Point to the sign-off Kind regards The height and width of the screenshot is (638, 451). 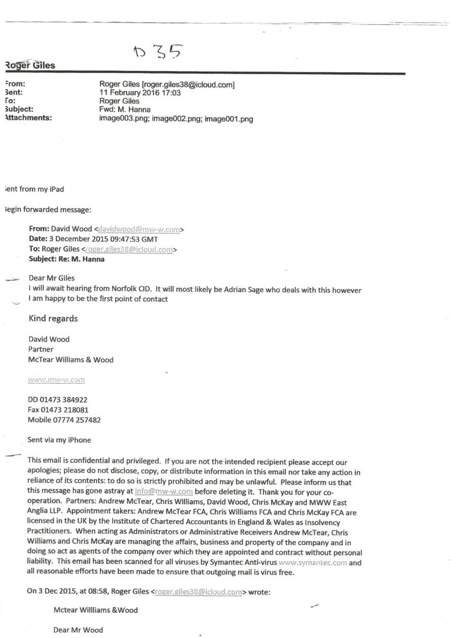coord(54,319)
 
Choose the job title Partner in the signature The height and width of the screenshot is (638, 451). coord(42,350)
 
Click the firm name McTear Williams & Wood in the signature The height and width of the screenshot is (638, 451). coord(71,359)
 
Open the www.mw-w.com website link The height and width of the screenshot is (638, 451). coord(57,379)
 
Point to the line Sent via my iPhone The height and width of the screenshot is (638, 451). coord(60,440)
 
